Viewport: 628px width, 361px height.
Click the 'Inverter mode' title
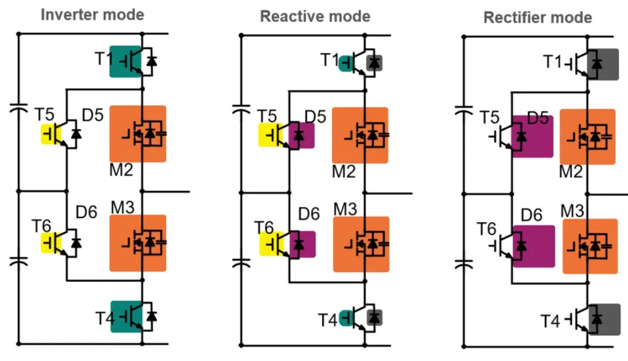pos(92,14)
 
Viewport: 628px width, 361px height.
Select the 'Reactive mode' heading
pos(315,16)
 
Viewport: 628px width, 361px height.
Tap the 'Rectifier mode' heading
pos(537,18)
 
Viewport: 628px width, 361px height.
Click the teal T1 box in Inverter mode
pos(125,61)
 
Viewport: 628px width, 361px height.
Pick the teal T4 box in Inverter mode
pos(126,316)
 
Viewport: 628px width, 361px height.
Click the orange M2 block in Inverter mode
pos(137,133)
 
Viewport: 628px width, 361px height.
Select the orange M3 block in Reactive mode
pos(361,244)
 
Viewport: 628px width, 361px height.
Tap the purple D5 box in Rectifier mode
pos(532,136)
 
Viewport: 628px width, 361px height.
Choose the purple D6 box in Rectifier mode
pos(533,246)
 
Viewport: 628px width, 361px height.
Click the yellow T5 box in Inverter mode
pos(51,135)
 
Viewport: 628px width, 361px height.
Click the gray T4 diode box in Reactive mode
pos(375,317)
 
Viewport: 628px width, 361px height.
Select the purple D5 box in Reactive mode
pos(301,135)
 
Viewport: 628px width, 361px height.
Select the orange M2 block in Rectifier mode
pos(587,137)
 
